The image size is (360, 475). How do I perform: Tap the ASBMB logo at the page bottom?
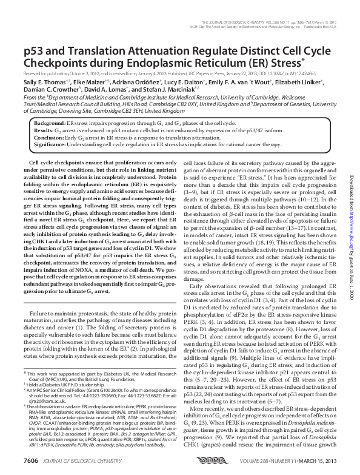(182, 463)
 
